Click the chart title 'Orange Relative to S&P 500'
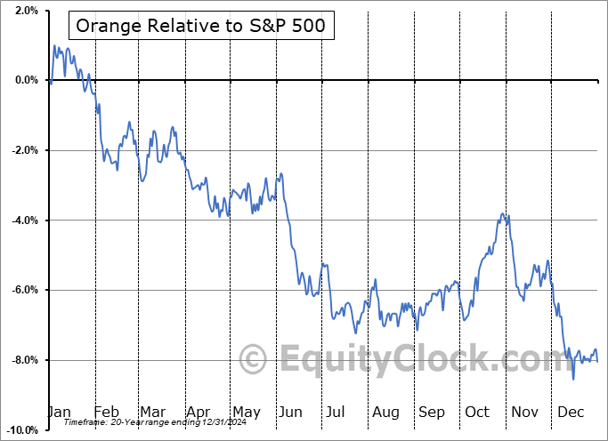coord(200,26)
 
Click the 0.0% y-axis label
coord(26,80)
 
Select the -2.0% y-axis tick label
coord(24,150)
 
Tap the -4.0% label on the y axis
coord(24,220)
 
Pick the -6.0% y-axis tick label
coord(24,290)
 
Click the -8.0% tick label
coord(24,360)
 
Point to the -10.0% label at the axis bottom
coord(21,430)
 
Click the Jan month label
coord(60,412)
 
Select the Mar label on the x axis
coord(152,412)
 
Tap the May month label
coord(246,412)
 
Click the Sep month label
coord(432,412)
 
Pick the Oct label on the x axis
coord(477,412)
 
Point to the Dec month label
coord(571,412)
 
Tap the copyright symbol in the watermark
coord(254,360)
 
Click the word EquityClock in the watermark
coord(418,360)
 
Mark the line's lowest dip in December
coord(573,380)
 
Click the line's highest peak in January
coord(55,45)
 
